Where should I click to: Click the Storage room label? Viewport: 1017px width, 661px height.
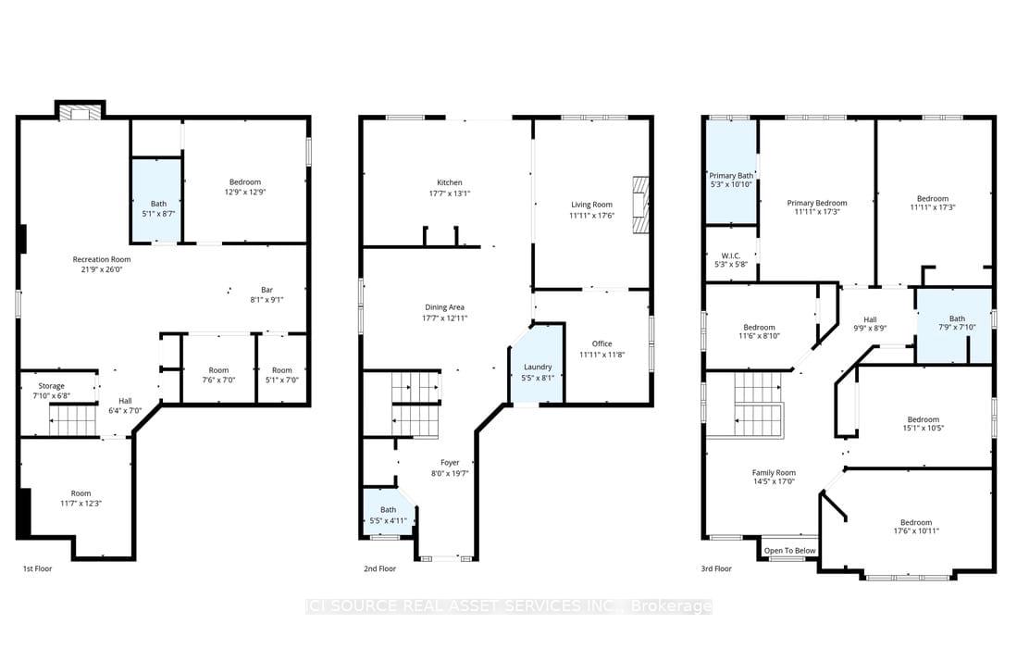click(x=51, y=385)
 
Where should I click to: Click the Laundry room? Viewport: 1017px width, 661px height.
click(x=537, y=368)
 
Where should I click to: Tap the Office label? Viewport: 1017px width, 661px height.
click(x=602, y=343)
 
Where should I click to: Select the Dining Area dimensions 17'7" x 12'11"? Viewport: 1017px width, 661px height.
click(x=444, y=318)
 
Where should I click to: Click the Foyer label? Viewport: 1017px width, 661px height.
click(x=450, y=463)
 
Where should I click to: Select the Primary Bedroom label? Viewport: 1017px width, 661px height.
click(x=817, y=203)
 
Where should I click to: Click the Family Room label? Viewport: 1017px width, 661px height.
click(x=774, y=472)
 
